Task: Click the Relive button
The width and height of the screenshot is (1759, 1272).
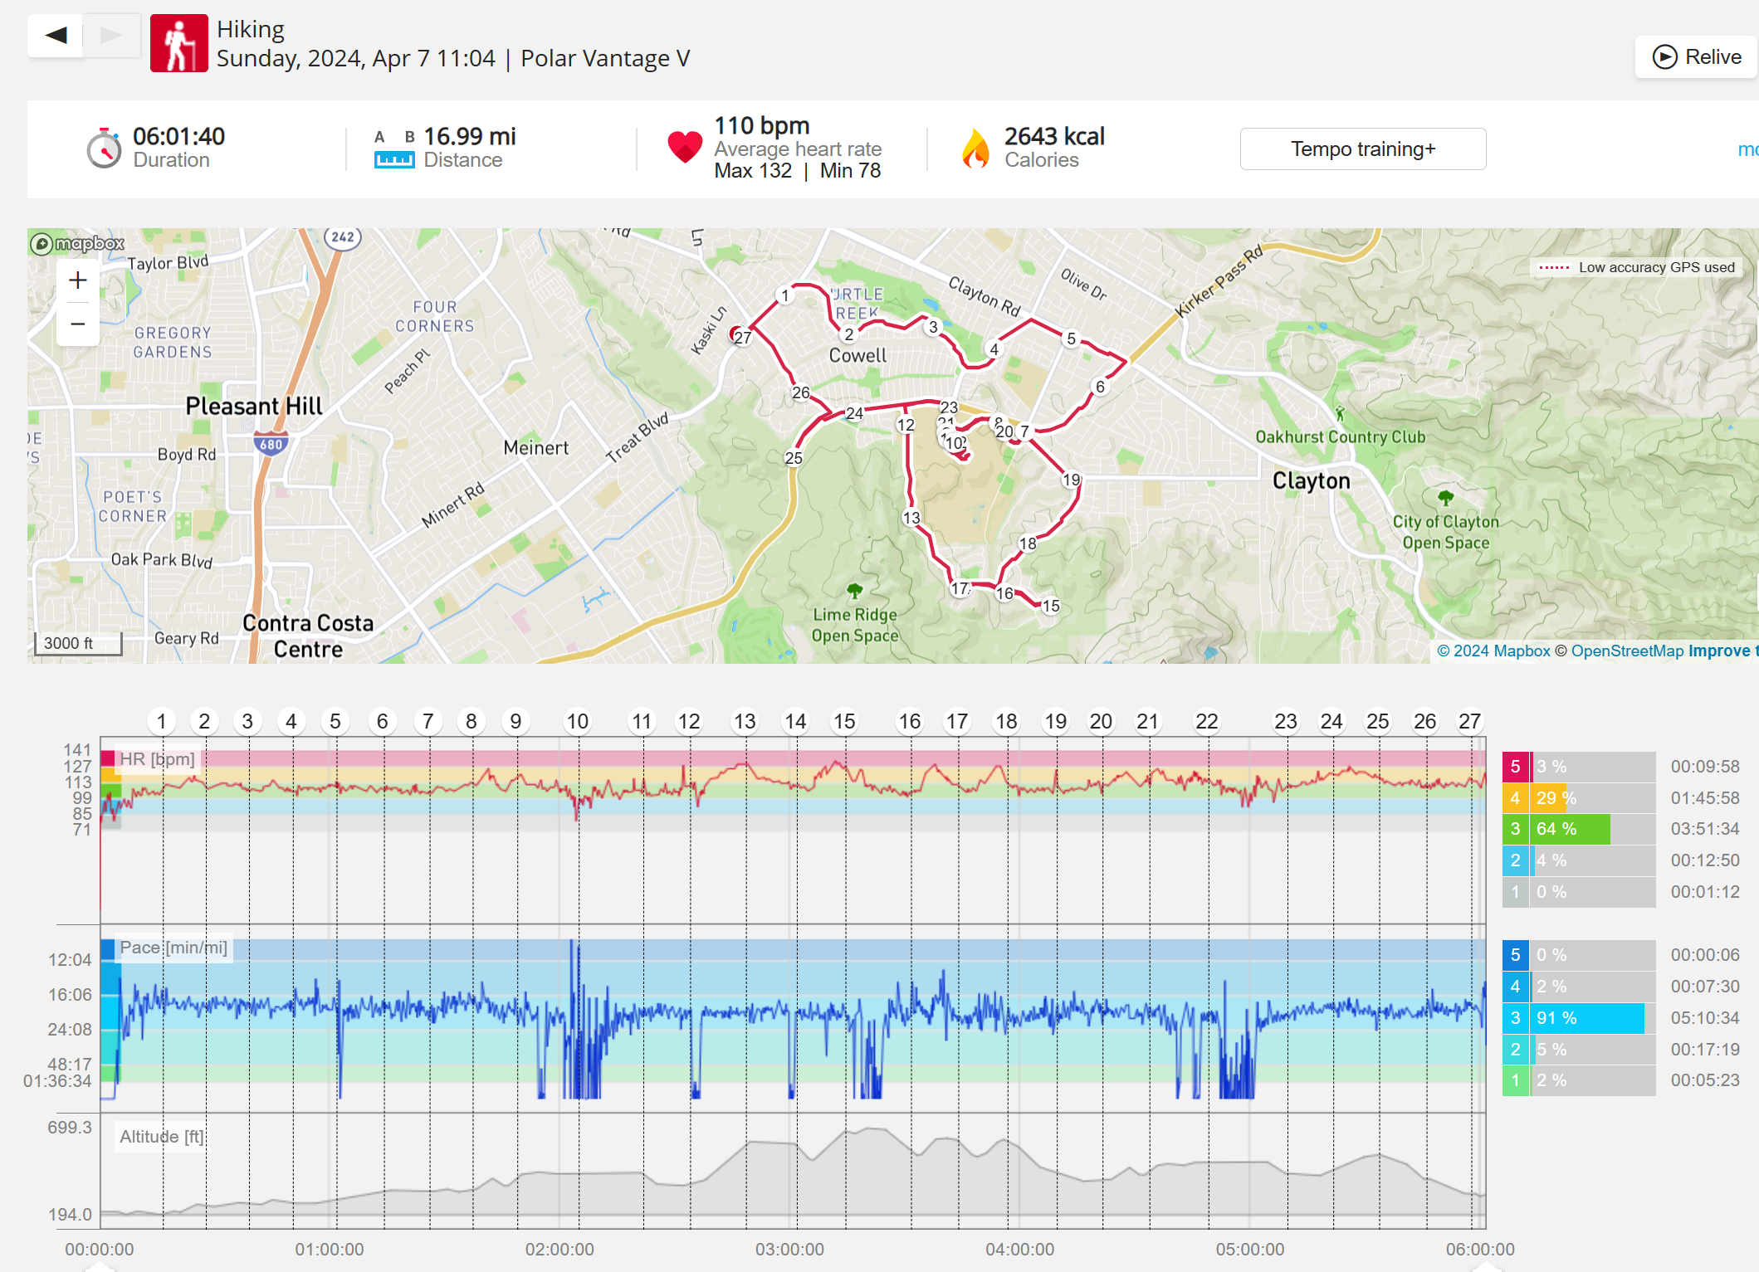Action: [1697, 57]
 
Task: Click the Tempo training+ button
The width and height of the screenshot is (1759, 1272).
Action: [1362, 149]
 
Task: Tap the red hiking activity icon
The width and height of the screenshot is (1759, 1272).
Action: [178, 43]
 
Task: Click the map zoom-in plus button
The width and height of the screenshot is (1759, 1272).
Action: [78, 280]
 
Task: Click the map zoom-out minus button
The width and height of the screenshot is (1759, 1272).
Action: [78, 324]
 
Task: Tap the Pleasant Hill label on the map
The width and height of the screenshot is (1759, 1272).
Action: [254, 406]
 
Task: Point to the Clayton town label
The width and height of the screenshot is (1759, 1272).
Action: [1311, 480]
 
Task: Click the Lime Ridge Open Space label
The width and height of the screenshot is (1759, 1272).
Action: [854, 625]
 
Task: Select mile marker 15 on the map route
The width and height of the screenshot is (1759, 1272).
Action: [1051, 606]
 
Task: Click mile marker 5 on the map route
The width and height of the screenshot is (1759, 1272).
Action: [1071, 339]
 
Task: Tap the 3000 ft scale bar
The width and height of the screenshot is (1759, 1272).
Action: [78, 643]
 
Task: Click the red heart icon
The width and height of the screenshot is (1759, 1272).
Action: [685, 148]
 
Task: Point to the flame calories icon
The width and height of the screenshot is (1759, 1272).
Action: [975, 149]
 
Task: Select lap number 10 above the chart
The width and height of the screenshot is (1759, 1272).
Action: [577, 721]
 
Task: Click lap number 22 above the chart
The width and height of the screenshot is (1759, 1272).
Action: [1206, 721]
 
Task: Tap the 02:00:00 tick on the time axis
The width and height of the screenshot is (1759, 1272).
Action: [559, 1249]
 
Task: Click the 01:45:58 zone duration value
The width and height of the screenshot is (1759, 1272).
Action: [1704, 798]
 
